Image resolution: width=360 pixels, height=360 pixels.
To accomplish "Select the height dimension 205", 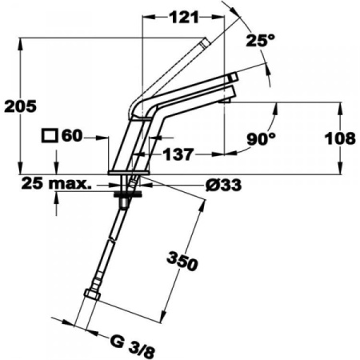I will (x=18, y=106).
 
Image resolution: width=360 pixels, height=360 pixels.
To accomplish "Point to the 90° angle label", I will (x=260, y=139).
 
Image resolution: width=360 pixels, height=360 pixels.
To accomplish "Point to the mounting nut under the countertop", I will (x=125, y=192).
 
